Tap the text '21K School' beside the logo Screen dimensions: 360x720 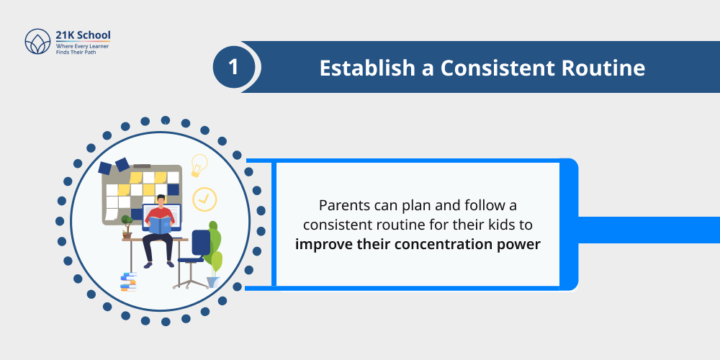[84, 35]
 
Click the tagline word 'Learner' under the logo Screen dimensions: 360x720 [102, 45]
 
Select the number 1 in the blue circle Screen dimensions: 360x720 [233, 68]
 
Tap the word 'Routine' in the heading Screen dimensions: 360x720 [604, 68]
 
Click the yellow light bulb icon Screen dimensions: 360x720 [199, 165]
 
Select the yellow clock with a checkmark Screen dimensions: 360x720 [204, 198]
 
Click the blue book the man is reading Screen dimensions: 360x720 [160, 224]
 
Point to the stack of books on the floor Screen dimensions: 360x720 [129, 282]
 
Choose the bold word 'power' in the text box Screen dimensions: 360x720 [521, 244]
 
